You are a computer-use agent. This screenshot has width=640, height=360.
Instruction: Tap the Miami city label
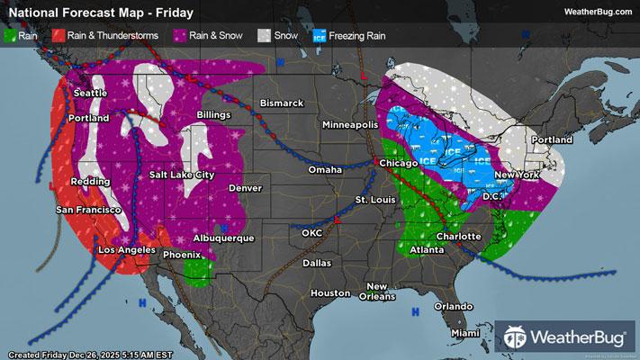[465, 333]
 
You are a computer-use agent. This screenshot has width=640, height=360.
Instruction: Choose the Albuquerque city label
[223, 238]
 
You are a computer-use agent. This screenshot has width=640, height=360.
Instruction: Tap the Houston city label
[329, 293]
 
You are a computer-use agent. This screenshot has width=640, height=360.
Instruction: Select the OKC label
[311, 232]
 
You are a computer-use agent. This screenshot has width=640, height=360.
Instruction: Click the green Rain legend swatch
[11, 37]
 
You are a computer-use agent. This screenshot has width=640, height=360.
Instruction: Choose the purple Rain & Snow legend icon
[180, 37]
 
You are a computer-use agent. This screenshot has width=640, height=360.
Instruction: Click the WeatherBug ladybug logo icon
[517, 338]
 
